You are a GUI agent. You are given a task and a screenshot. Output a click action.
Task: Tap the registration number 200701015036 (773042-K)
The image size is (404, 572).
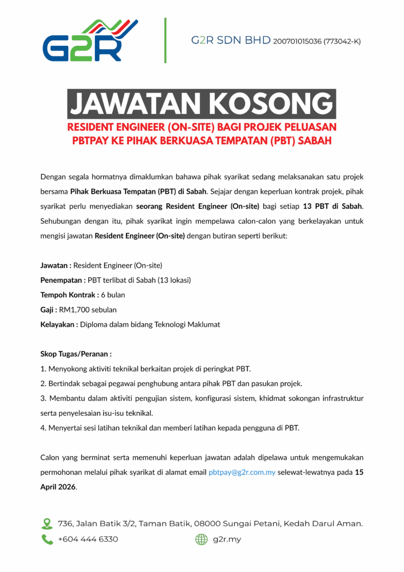point(316,41)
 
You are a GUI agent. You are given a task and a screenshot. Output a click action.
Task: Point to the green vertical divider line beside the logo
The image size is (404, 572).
point(165,40)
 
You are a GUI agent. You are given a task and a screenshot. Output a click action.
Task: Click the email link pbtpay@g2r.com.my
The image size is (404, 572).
point(242,472)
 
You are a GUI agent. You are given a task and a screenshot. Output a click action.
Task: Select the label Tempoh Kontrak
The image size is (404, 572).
point(68,294)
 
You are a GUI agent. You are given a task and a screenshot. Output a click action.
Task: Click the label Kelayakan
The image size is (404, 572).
point(58,324)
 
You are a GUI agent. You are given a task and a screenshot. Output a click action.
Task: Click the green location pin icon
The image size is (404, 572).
point(47,523)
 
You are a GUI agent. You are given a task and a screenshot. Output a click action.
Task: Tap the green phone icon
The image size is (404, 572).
point(47,539)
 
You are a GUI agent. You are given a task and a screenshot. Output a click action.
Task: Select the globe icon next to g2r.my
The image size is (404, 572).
point(201,539)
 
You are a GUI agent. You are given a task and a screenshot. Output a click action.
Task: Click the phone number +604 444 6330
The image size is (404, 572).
point(88,539)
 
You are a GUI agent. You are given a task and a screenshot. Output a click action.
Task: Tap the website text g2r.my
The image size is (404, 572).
point(227,539)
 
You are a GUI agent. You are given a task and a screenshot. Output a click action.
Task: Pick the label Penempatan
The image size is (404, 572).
point(61,279)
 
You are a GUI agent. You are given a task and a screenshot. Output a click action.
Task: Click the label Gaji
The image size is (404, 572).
point(48,309)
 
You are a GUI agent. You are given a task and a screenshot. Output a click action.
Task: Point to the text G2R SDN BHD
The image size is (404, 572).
point(231,41)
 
